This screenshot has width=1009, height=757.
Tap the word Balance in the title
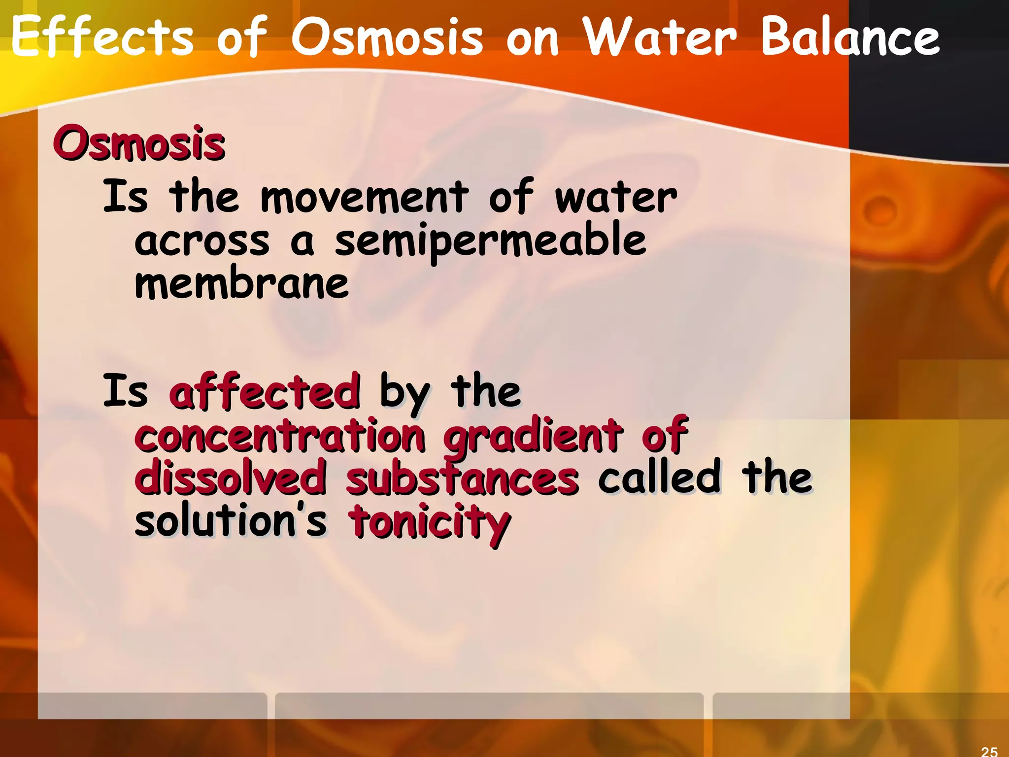850,37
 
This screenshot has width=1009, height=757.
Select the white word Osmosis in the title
387,37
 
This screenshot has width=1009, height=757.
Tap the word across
202,241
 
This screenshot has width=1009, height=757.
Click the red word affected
265,392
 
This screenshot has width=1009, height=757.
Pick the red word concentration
280,435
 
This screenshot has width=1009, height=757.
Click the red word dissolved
231,477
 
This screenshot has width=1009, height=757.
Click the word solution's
231,521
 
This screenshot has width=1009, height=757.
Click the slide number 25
989,751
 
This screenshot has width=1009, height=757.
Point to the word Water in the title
660,37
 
